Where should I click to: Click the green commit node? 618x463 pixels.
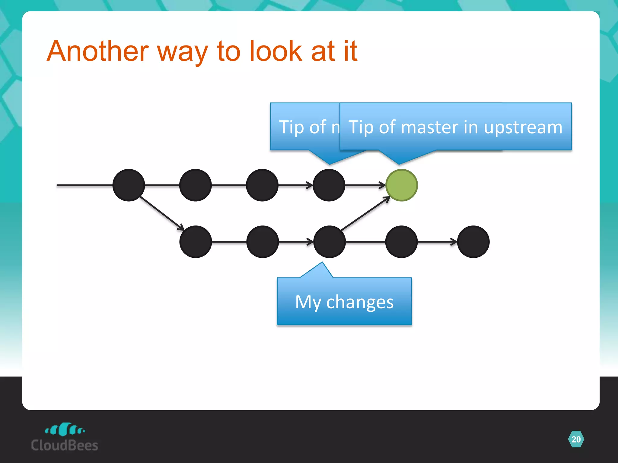(x=402, y=185)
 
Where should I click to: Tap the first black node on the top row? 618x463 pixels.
(x=129, y=185)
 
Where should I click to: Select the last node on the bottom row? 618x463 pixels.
(x=473, y=242)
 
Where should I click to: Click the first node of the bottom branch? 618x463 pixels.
(x=196, y=242)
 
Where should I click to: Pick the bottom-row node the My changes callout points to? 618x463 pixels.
(x=329, y=242)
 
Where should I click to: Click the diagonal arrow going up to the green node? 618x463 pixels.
(x=365, y=213)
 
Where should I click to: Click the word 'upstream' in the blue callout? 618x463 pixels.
(x=523, y=128)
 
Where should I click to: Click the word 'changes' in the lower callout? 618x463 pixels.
(x=360, y=302)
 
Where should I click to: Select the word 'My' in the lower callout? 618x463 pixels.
(x=308, y=302)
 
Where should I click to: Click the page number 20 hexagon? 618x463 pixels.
(x=576, y=439)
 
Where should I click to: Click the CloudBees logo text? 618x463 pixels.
(x=65, y=446)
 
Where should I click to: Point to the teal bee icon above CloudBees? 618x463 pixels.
(x=65, y=429)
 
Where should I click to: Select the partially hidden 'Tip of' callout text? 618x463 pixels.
(x=303, y=127)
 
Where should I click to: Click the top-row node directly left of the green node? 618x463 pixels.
(x=329, y=185)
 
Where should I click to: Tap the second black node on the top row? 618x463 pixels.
(x=196, y=185)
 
